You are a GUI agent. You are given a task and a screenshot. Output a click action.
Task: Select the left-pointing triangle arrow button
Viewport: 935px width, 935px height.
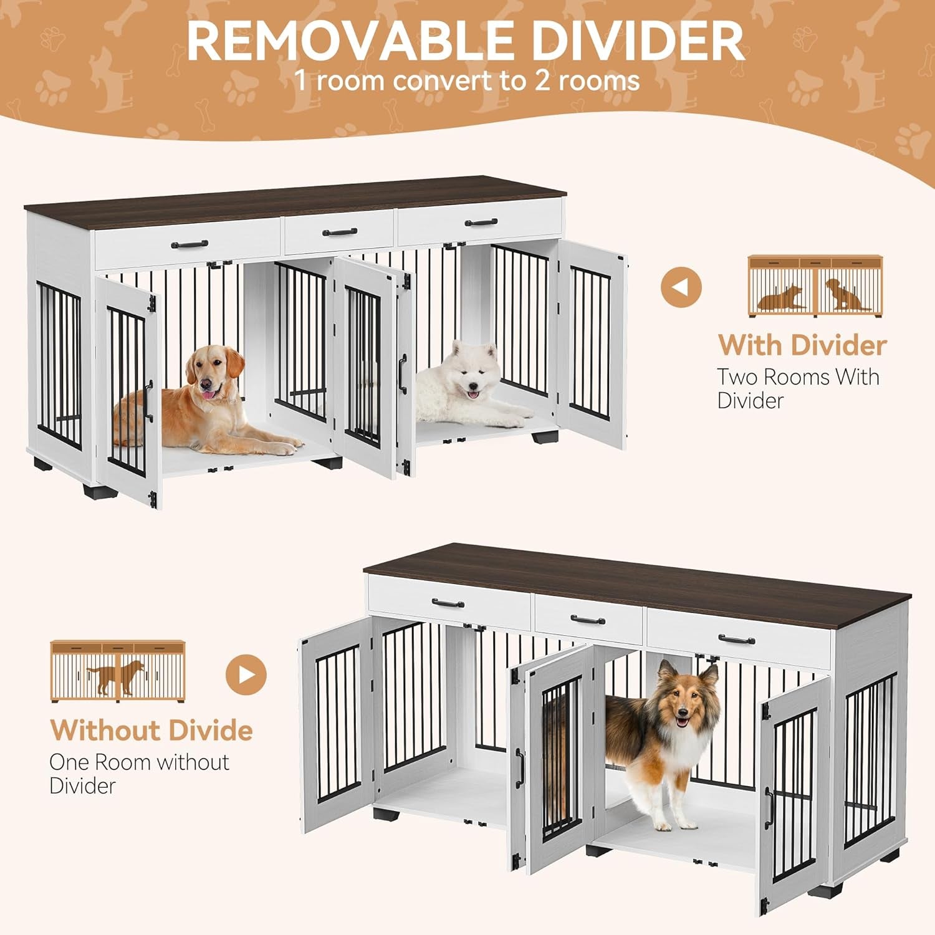[681, 287]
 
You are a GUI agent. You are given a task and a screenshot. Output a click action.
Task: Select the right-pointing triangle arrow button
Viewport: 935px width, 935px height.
[246, 674]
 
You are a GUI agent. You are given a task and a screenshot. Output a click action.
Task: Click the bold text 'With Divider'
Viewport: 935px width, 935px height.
[802, 345]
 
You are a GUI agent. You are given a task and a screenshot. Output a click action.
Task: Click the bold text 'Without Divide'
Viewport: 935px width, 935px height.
[151, 731]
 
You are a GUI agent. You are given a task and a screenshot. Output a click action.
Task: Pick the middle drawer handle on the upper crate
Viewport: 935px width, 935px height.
[340, 233]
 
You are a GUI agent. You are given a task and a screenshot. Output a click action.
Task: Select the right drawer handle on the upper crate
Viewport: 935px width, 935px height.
[481, 222]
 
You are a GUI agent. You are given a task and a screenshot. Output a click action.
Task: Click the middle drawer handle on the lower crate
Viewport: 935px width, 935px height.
[588, 620]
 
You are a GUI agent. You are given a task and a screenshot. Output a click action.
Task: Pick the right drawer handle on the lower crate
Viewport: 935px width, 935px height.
[736, 639]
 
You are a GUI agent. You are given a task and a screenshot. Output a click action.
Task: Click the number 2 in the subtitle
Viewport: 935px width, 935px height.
[542, 80]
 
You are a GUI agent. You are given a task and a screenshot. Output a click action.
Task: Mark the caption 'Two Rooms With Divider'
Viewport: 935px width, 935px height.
[798, 388]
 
